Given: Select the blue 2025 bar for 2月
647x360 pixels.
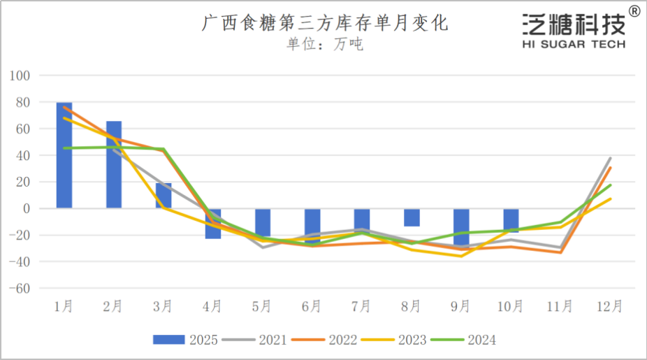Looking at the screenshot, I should point(114,164).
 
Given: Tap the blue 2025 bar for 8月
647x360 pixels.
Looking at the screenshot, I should point(412,217).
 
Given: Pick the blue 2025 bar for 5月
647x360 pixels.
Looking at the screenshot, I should point(263,223).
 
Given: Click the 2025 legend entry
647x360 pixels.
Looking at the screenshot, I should point(186,340).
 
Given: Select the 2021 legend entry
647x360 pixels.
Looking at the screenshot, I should point(256,340).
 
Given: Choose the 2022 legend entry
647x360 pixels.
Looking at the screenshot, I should point(326,340).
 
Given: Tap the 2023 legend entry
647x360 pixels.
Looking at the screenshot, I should point(395,340).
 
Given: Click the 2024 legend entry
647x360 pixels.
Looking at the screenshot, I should point(465,340).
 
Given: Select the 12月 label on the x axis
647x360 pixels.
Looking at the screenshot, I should point(609,306).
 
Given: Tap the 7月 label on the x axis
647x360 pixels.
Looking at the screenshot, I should point(361,306).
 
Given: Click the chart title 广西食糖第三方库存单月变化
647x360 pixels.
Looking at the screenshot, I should point(325,24).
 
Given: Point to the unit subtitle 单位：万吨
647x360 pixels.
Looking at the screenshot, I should point(325,45).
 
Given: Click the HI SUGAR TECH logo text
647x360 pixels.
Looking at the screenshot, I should point(574,44).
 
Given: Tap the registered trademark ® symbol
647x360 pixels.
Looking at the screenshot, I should point(634,11).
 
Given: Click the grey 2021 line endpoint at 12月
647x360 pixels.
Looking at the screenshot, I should point(610,158).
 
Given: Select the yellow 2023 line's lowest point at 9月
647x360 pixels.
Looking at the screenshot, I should point(461,256).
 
